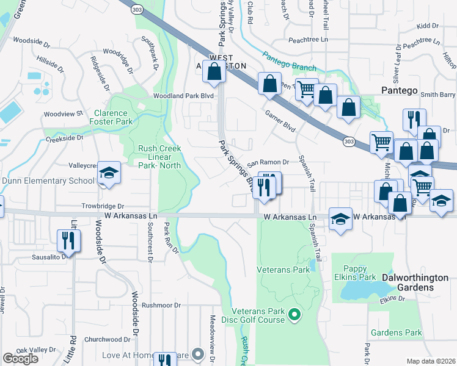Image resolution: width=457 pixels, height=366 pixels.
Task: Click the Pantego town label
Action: pyautogui.click(x=400, y=90)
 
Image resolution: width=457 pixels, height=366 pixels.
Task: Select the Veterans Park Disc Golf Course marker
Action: pyautogui.click(x=294, y=315)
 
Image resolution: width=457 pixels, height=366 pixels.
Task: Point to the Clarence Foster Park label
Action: pyautogui.click(x=111, y=117)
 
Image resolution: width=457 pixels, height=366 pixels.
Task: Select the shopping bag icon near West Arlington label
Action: pyautogui.click(x=214, y=72)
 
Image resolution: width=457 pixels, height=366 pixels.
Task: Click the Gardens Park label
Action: pyautogui.click(x=396, y=333)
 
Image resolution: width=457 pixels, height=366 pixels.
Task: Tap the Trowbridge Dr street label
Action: pyautogui.click(x=104, y=207)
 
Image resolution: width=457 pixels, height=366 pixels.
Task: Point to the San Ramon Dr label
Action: pyautogui.click(x=267, y=162)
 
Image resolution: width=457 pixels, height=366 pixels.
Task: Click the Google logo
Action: pyautogui.click(x=20, y=358)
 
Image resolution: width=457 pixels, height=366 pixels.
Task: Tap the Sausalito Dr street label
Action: pyautogui.click(x=51, y=257)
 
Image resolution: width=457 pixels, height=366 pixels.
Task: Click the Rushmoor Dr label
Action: pyautogui.click(x=161, y=305)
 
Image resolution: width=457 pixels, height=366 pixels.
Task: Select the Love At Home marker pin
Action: pyautogui.click(x=197, y=354)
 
